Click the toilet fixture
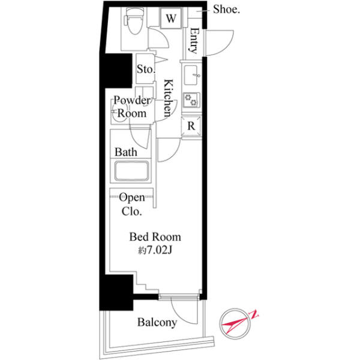point(134,21)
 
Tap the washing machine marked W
point(171,19)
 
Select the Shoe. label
point(226,10)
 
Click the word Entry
point(193,41)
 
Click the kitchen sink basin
point(190,75)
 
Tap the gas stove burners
point(191,100)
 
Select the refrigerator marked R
point(191,127)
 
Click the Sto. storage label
point(146,69)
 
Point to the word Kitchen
point(168,98)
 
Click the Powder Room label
point(132,107)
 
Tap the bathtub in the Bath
point(131,171)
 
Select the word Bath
point(126,152)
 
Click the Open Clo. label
point(132,205)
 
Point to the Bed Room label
point(155,237)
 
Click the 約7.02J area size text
point(155,251)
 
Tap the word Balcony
point(157,322)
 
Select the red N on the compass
point(254,314)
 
